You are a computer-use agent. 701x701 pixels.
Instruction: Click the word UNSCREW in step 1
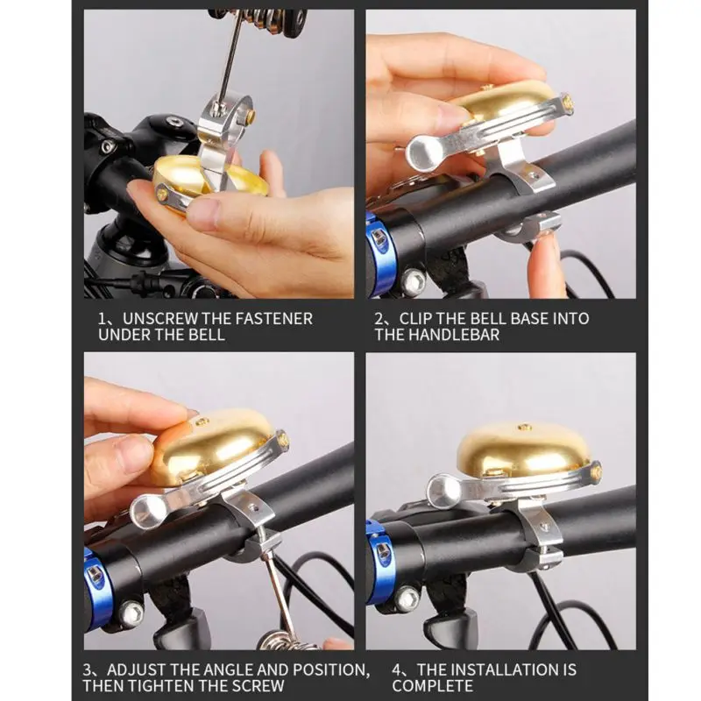[x=160, y=319]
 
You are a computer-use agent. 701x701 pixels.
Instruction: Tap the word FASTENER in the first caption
[x=273, y=319]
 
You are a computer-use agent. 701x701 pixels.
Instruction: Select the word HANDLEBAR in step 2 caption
[x=452, y=335]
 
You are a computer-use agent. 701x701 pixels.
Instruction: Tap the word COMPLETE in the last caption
[x=432, y=686]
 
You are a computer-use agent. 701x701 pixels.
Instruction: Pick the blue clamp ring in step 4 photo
[x=377, y=563]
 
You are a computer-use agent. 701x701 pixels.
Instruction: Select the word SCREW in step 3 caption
[x=257, y=686]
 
